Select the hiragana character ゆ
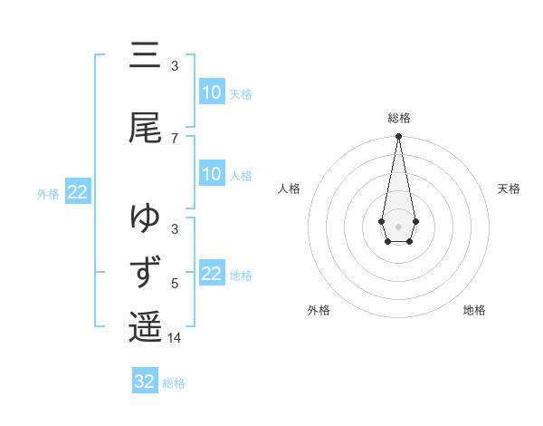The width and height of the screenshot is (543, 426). click(x=145, y=218)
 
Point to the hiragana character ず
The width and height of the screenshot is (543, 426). click(x=145, y=273)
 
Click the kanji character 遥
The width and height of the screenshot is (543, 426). click(x=145, y=327)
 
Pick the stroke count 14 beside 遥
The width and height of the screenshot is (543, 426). click(x=175, y=338)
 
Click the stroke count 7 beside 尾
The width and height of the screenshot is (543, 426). click(x=175, y=138)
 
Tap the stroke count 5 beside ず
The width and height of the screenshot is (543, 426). click(x=175, y=284)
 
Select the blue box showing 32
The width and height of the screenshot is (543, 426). click(x=145, y=382)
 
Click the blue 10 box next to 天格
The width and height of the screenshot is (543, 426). click(x=211, y=92)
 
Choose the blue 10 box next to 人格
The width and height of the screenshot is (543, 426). click(x=211, y=174)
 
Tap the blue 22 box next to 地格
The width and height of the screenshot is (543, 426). click(x=211, y=274)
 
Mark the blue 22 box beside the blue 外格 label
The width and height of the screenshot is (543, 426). click(x=78, y=192)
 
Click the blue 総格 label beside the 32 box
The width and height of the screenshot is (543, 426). click(x=174, y=382)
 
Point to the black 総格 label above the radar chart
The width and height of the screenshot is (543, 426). click(x=398, y=118)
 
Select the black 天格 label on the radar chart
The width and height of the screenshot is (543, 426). click(x=509, y=189)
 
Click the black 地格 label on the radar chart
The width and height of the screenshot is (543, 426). click(x=474, y=310)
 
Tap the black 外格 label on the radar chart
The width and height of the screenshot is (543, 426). click(x=319, y=310)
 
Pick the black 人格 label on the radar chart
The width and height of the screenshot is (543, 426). click(x=289, y=189)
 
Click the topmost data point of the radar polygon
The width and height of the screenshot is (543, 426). click(x=398, y=137)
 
